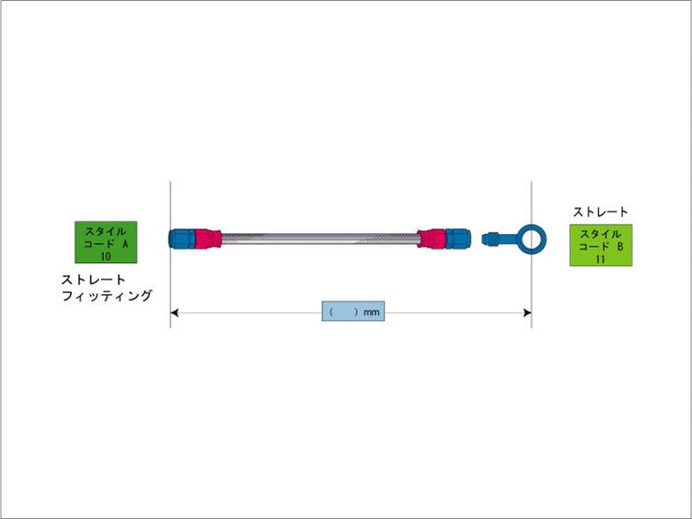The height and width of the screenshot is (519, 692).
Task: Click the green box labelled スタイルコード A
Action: click(107, 242)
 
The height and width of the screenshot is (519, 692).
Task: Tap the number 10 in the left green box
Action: click(107, 257)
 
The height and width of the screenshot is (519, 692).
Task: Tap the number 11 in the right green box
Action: click(600, 259)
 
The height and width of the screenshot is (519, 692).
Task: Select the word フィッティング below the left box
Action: click(107, 296)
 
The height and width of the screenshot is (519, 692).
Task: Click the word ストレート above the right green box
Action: click(600, 212)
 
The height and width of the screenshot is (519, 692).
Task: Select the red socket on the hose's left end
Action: click(209, 239)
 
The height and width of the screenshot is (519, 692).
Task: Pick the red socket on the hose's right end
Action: click(432, 239)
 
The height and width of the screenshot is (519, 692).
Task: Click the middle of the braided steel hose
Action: click(320, 239)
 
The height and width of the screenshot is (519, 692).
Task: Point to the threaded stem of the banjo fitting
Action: click(497, 239)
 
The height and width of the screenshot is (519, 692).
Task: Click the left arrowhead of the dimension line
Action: click(176, 312)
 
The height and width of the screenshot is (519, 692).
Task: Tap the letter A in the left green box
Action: click(124, 245)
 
